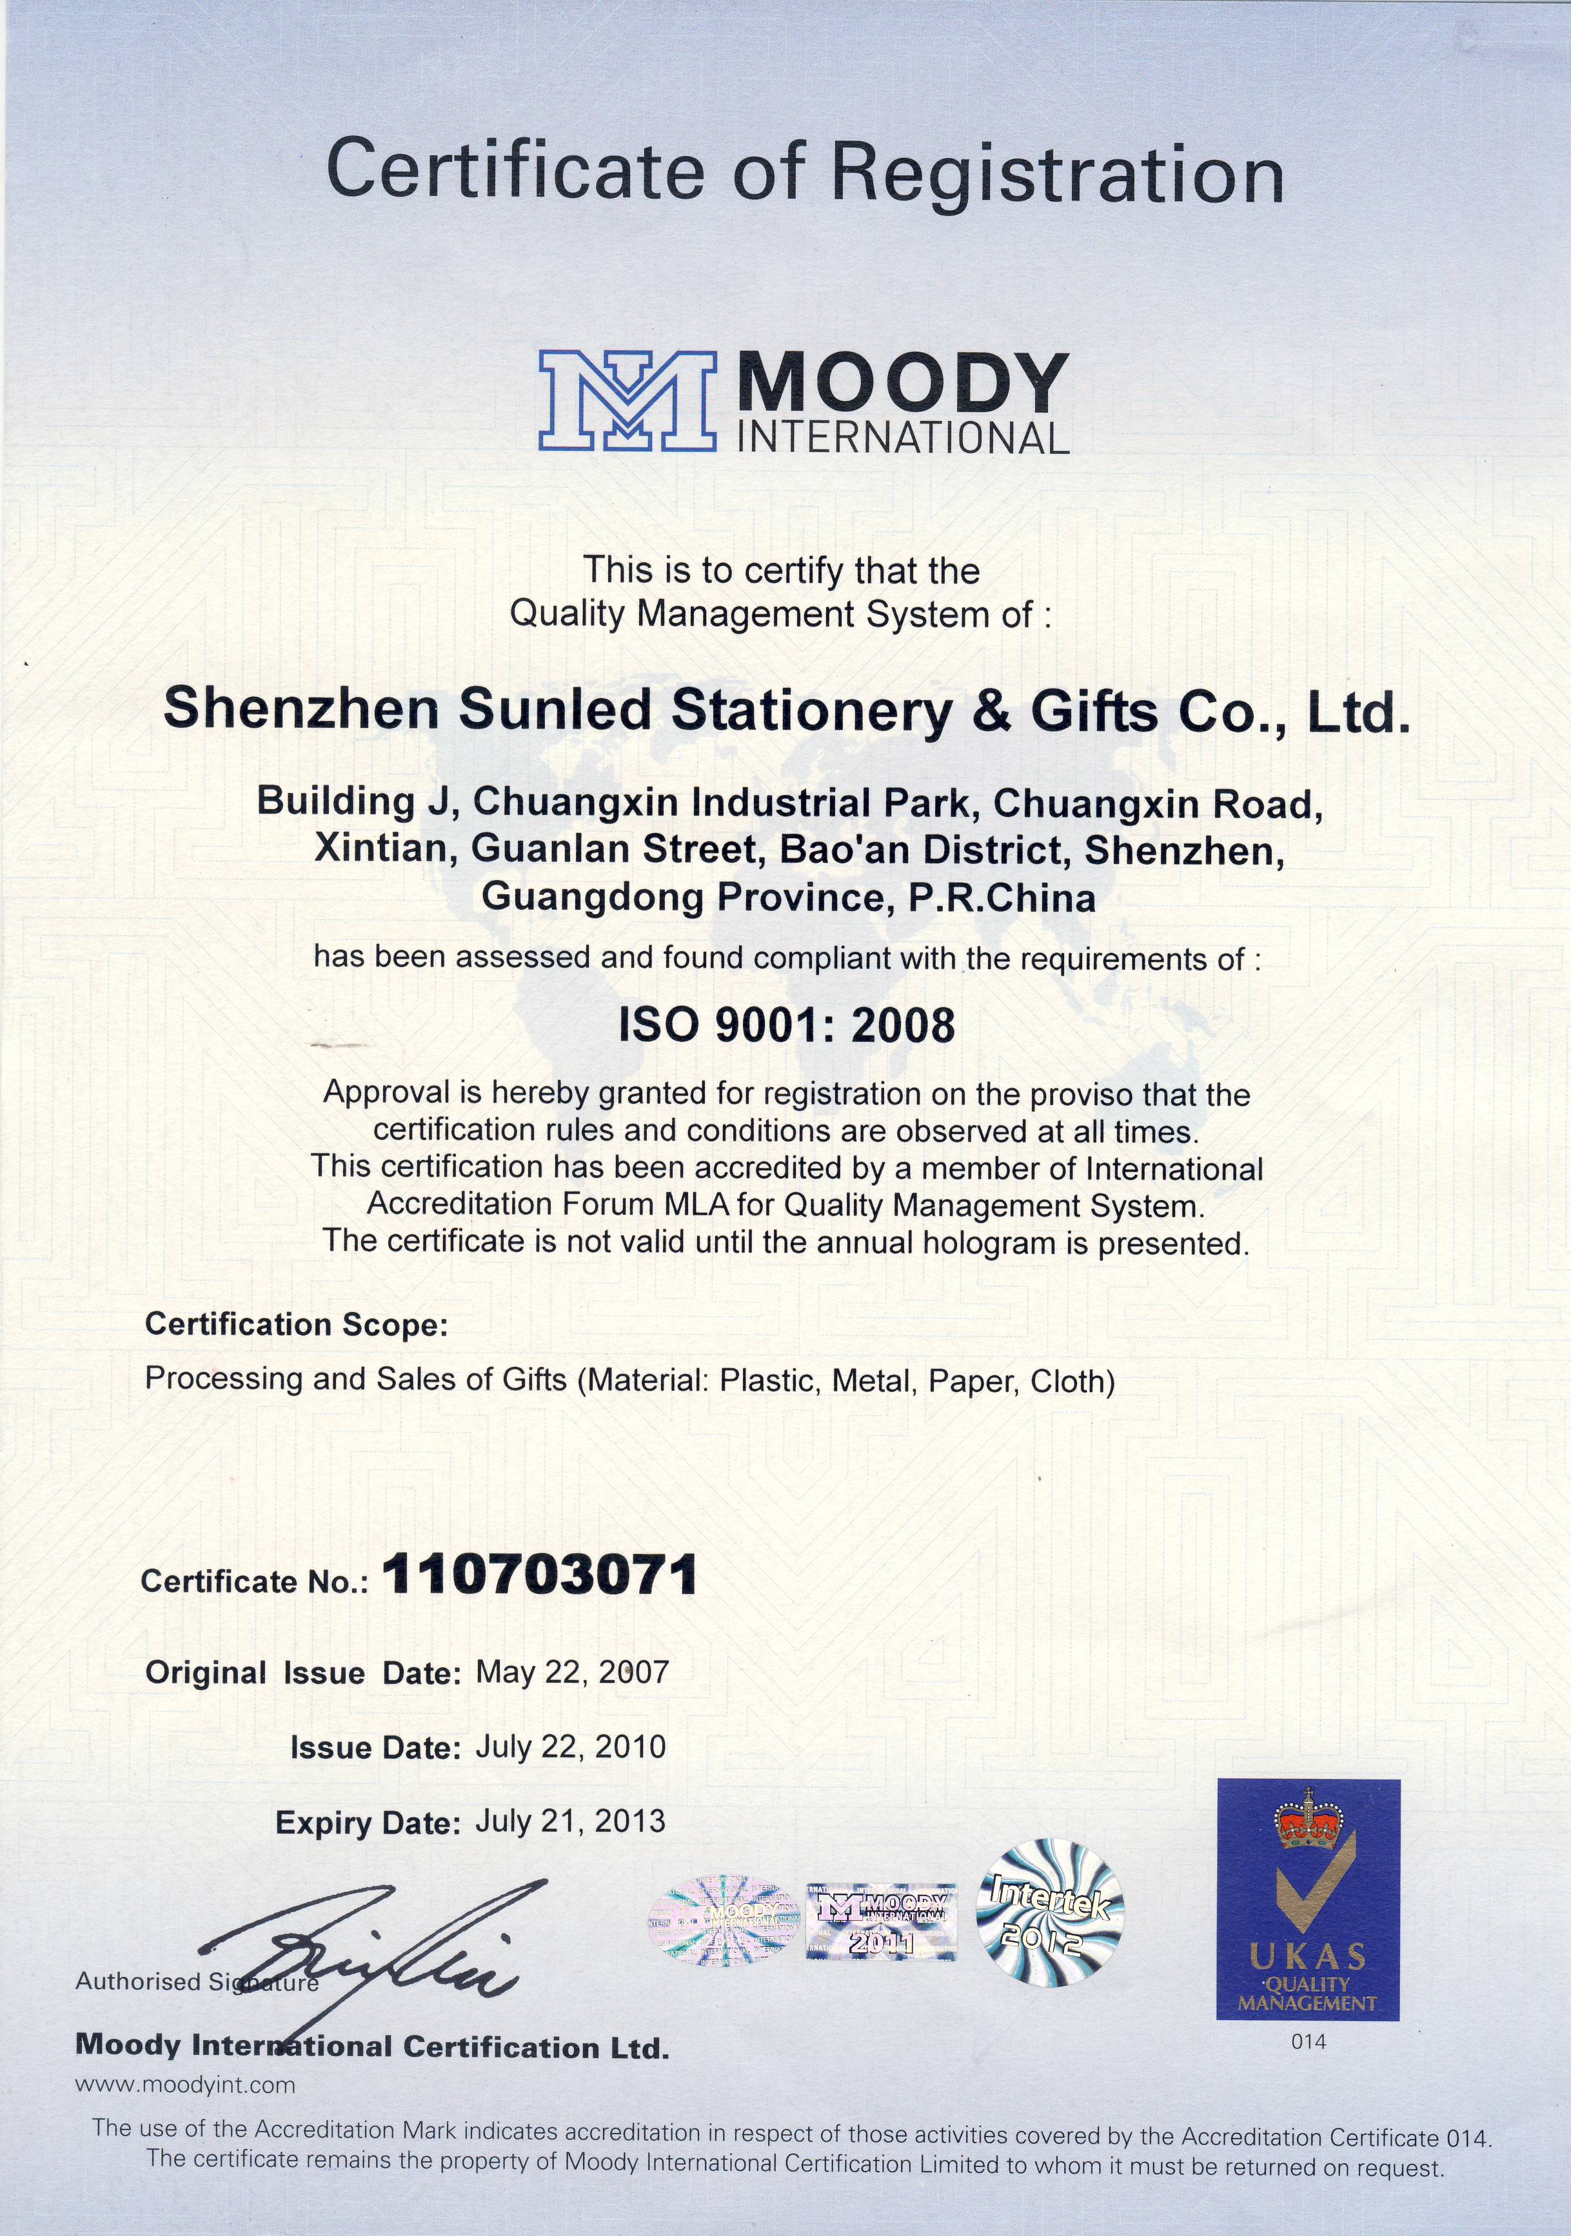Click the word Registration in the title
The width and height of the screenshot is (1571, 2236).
(x=1058, y=172)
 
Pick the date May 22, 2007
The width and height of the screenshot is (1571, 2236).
(x=572, y=1672)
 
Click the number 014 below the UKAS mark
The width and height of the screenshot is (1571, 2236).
(x=1308, y=2042)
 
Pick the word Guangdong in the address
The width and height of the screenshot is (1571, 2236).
(x=594, y=897)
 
